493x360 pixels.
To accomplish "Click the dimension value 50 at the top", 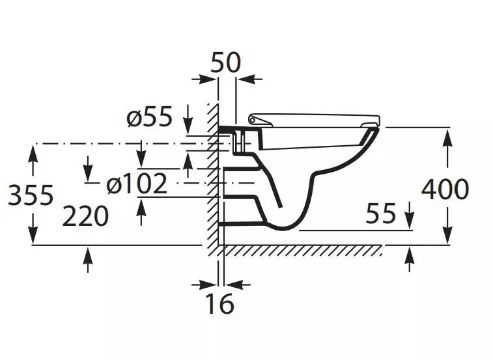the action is [225, 63].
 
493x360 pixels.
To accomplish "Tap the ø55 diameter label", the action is [150, 116].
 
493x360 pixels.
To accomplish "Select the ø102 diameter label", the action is [137, 183].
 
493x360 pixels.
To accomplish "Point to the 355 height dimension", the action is [30, 195].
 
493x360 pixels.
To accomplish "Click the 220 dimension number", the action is [85, 216].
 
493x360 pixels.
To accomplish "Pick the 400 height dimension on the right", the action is [445, 189].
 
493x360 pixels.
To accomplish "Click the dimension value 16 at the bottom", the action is [220, 304].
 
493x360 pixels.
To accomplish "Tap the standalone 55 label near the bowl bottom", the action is [381, 213].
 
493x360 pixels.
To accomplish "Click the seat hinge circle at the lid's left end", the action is [252, 119].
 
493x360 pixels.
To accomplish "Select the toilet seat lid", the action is [314, 120].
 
